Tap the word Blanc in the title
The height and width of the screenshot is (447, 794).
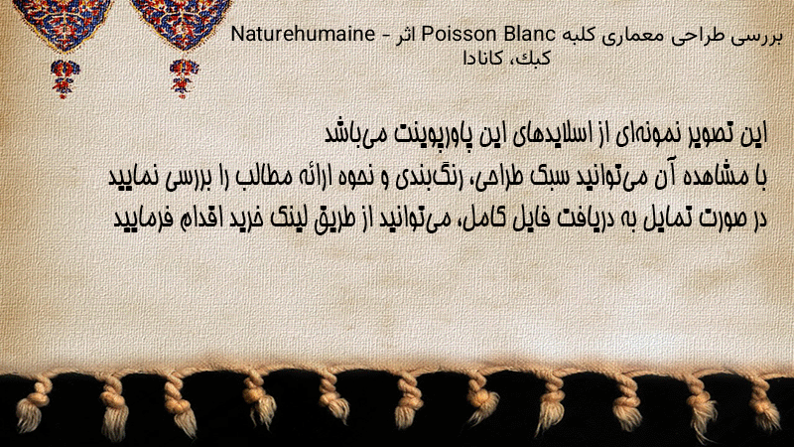pos(529,34)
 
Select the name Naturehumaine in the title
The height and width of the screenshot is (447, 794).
pos(303,34)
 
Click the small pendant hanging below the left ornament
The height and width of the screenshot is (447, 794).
pos(65,77)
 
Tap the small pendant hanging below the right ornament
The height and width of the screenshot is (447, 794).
pos(184,77)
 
